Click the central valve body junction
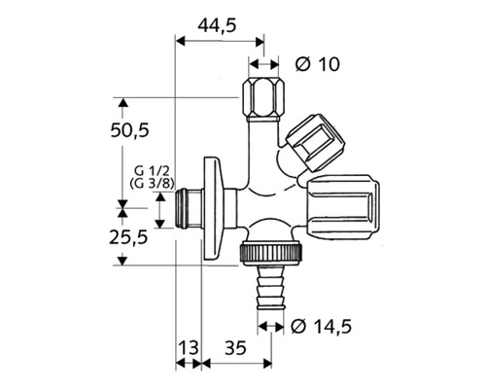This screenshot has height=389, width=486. [260, 199]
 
